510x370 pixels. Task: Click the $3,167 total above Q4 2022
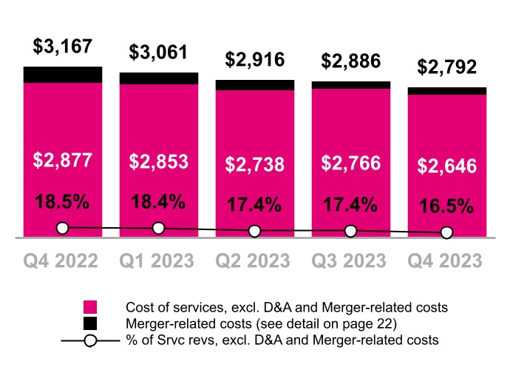63,47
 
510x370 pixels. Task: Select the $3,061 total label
158,53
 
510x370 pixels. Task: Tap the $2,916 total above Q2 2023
254,60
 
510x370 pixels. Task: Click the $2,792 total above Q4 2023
446,67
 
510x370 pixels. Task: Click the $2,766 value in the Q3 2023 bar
350,163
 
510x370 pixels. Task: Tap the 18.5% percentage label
63,201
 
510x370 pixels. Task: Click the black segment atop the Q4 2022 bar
63,74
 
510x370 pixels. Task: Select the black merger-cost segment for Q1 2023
158,78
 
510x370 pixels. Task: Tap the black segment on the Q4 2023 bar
446,91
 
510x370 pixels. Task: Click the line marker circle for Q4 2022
63,228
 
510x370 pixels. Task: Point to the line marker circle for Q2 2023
254,231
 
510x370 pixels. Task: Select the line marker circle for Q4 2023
446,233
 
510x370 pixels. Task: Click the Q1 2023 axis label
158,261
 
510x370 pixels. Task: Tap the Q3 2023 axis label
350,261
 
